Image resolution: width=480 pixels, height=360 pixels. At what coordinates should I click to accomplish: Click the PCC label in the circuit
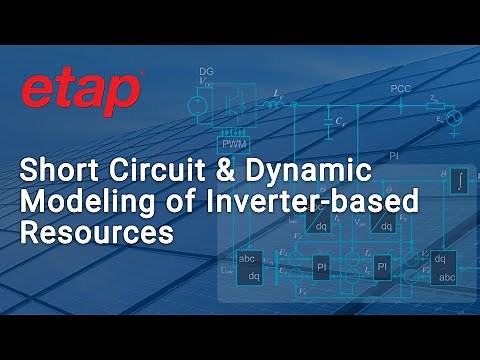point(401,89)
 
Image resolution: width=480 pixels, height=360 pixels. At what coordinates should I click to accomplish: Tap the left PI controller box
point(322,268)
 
